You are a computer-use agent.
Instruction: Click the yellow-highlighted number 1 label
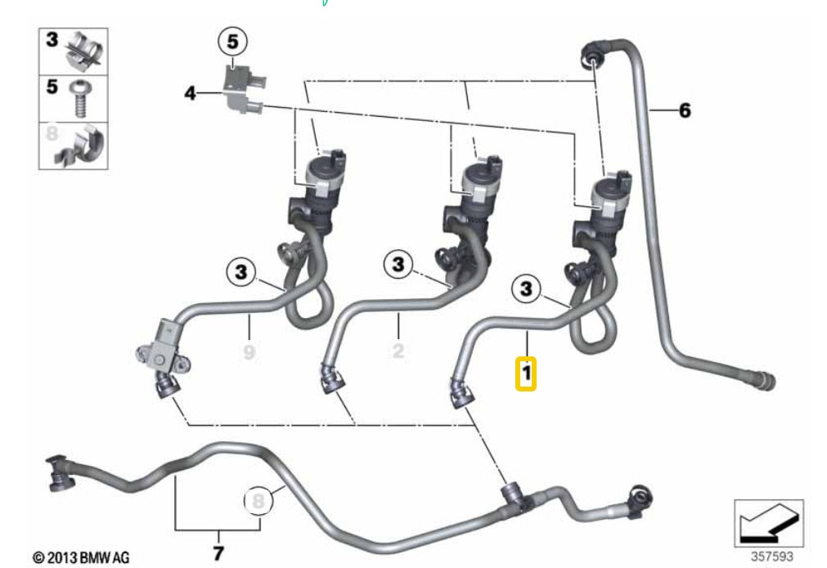[526, 373]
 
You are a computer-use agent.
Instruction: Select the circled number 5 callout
[232, 42]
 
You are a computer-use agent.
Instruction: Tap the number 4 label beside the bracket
[190, 93]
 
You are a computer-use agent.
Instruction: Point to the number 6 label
[684, 110]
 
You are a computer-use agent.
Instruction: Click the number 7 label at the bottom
[218, 552]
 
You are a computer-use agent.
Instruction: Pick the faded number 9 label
[249, 351]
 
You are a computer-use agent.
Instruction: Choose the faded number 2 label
[398, 351]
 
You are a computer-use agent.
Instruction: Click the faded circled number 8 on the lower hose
[258, 500]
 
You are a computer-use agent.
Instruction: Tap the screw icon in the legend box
[81, 99]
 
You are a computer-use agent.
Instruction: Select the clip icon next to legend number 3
[84, 51]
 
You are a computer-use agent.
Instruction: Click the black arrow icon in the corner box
[770, 524]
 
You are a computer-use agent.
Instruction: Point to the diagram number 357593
[771, 556]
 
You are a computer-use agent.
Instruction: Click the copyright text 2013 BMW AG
[81, 557]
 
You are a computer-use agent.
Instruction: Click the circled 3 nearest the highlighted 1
[526, 288]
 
